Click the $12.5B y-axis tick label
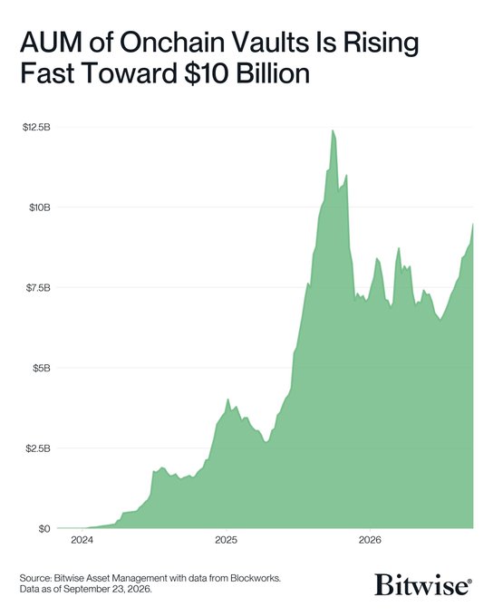tap(36, 128)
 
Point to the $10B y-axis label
tap(40, 207)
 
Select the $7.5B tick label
tap(39, 287)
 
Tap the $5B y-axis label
tap(42, 368)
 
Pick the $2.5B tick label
tap(39, 448)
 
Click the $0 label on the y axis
tap(44, 529)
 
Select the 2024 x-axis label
tap(82, 540)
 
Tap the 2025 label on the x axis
tap(226, 540)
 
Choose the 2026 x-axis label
tap(370, 540)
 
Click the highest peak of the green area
tap(333, 130)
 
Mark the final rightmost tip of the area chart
tap(473, 224)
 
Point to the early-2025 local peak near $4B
tap(227, 399)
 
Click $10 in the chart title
tap(207, 73)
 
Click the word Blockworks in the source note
tap(256, 578)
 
